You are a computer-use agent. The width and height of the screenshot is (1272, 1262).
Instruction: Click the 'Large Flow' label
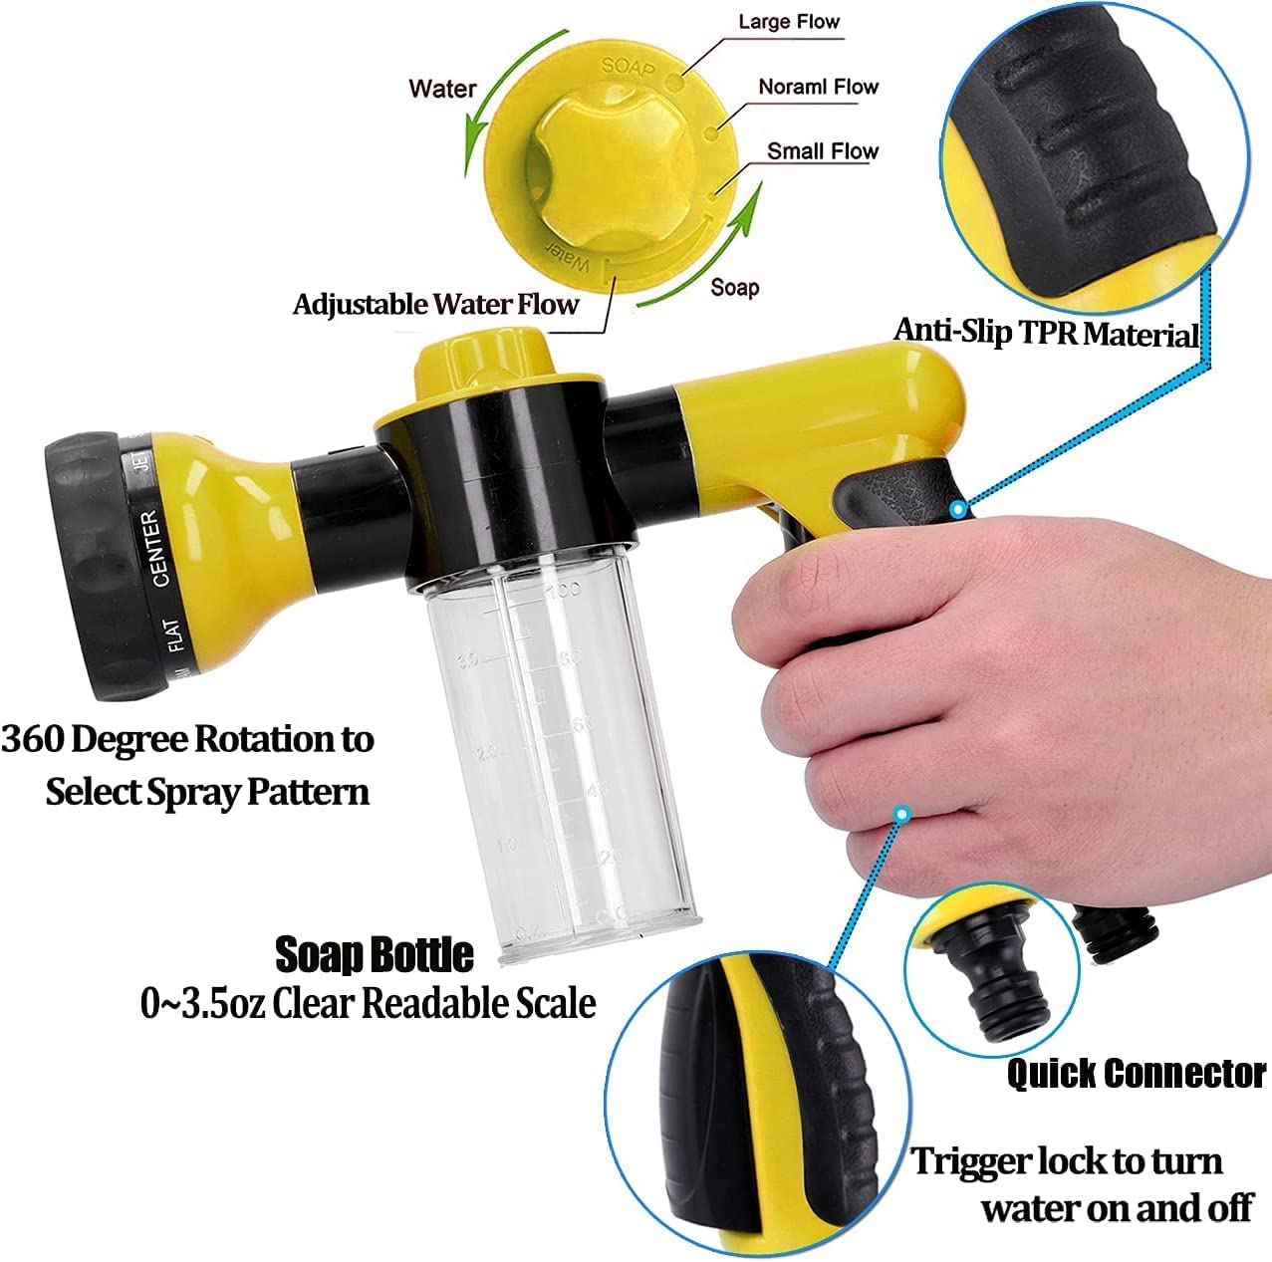[x=789, y=22]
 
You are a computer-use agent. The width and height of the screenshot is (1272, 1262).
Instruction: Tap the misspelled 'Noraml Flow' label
[x=818, y=87]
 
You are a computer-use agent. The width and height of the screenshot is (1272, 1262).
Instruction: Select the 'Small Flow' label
[x=822, y=151]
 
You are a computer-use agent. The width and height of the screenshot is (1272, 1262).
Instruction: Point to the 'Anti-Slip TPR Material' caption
[x=1045, y=333]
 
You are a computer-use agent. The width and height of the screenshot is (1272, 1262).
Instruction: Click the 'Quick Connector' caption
[x=1136, y=1074]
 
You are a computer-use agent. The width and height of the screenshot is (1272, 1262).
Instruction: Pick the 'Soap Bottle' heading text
[x=374, y=954]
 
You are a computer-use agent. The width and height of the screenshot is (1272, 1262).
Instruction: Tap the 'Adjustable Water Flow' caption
[x=435, y=305]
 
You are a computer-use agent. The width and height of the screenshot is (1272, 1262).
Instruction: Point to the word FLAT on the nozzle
[x=174, y=634]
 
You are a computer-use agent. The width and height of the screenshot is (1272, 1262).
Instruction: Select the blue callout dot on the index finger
[x=901, y=814]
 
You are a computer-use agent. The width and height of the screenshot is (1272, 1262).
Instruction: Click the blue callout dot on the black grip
[x=957, y=509]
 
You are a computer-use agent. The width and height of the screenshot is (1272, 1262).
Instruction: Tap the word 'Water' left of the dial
[x=442, y=89]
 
